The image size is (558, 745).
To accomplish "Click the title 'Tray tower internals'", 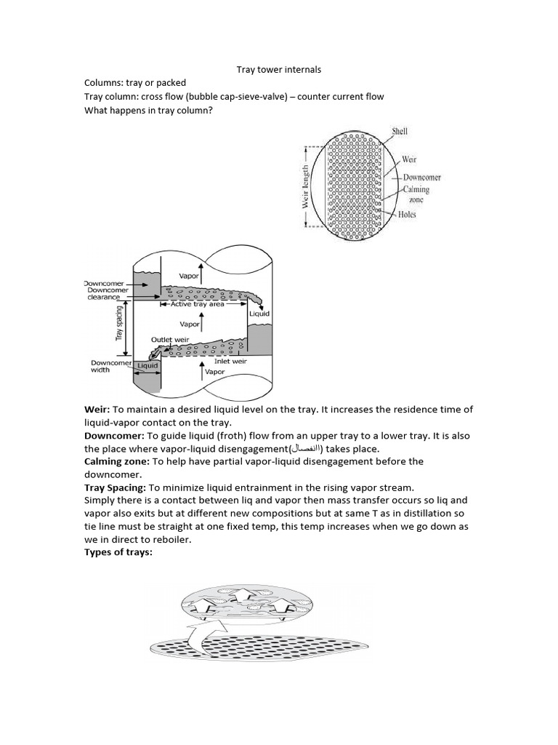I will [279, 70].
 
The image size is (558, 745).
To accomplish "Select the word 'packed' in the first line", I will [170, 83].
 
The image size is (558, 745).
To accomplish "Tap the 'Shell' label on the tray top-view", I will [400, 132].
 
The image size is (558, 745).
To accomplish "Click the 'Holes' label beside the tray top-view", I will [407, 215].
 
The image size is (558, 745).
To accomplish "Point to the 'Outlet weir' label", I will [170, 340].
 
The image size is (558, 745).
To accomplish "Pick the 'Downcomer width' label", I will [110, 367].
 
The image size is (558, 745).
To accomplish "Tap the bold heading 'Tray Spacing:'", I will [117, 487].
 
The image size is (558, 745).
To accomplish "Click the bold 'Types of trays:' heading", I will [121, 553].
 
